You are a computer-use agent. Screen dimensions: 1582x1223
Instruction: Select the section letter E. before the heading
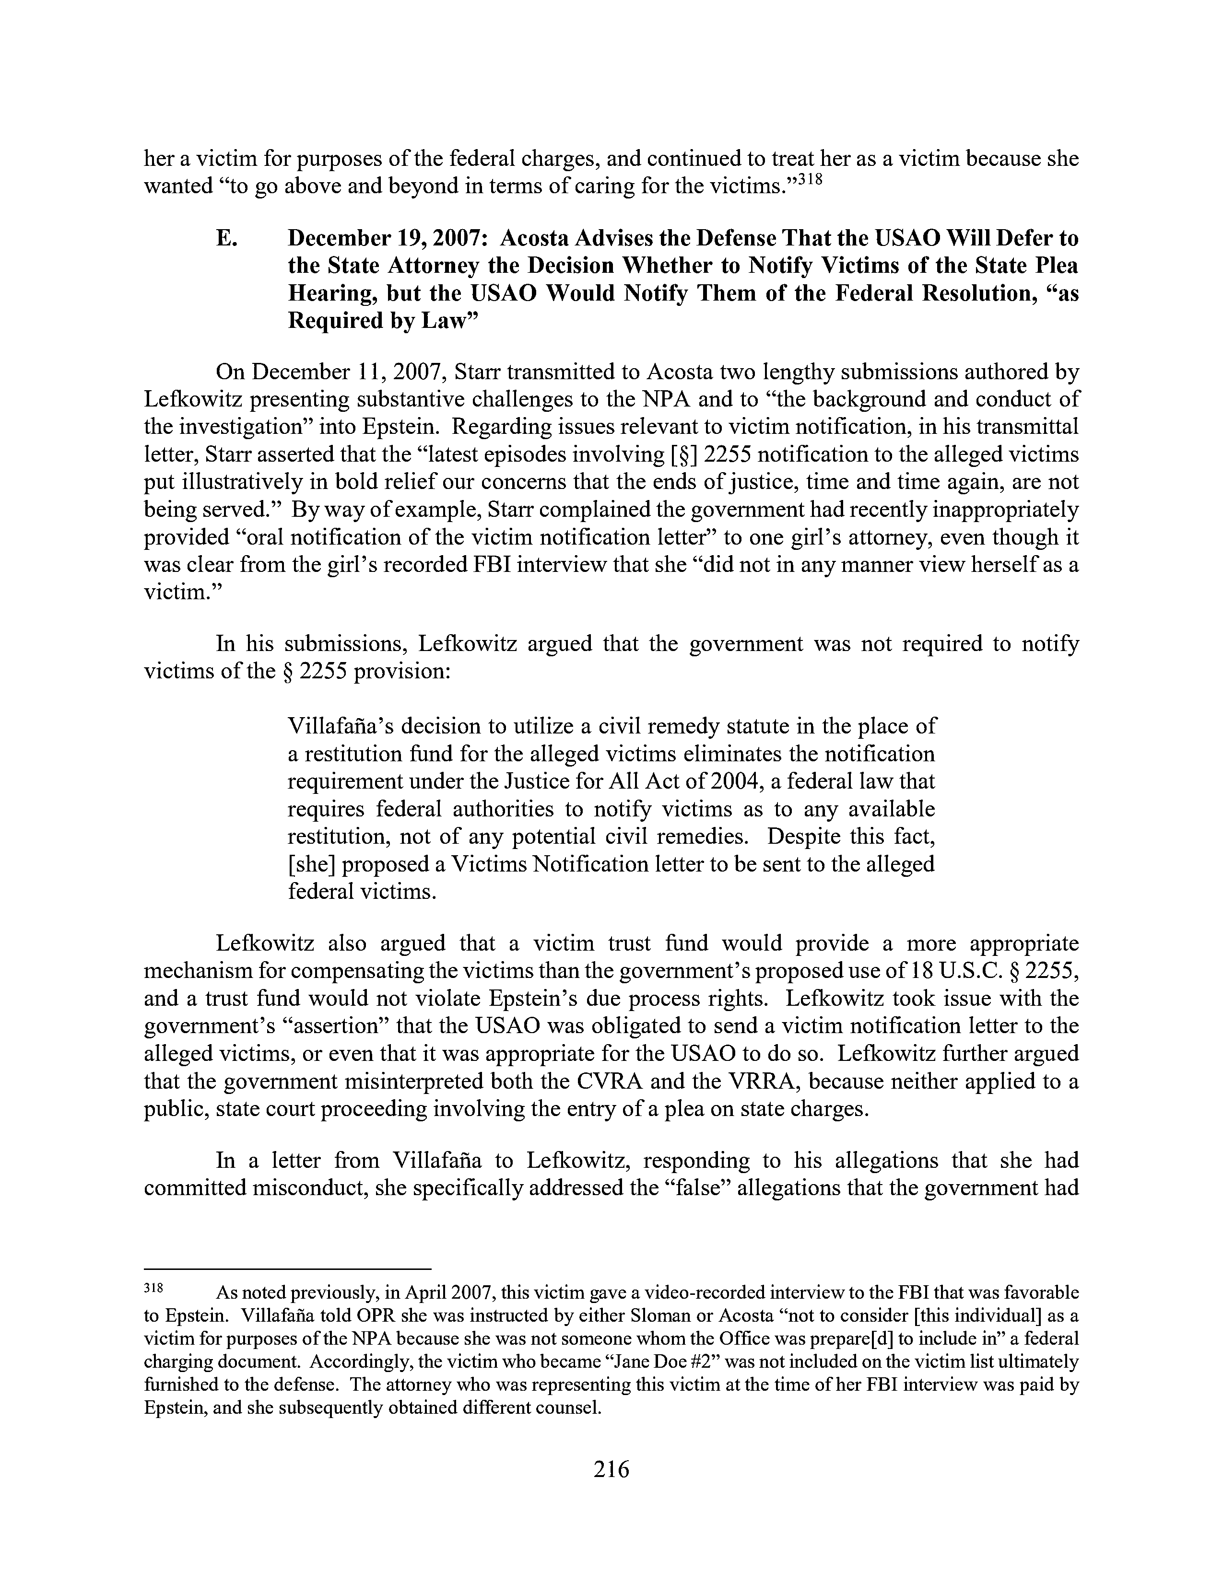225,238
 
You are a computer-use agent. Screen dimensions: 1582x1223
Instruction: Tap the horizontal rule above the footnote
288,1269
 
